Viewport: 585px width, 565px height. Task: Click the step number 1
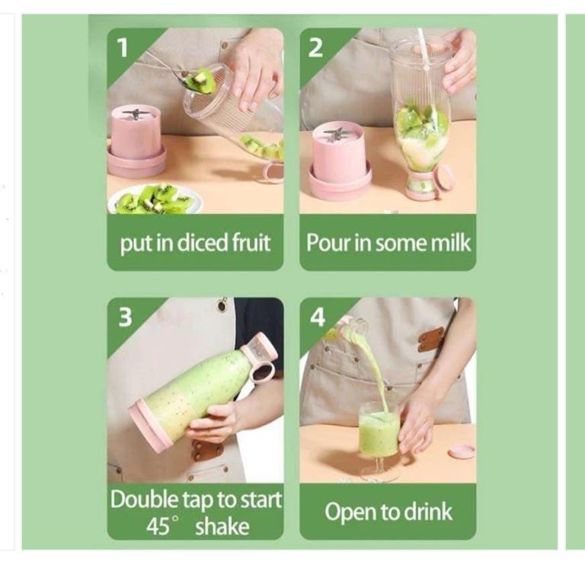[123, 48]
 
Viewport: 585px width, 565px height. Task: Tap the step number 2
[315, 48]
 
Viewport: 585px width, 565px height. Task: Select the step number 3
[126, 317]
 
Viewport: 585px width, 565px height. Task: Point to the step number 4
[318, 318]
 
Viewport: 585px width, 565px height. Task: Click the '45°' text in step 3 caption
[161, 526]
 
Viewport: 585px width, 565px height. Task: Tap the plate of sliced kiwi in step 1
[155, 200]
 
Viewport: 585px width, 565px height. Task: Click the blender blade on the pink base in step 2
[334, 134]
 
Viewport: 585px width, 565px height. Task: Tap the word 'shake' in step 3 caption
[222, 527]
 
